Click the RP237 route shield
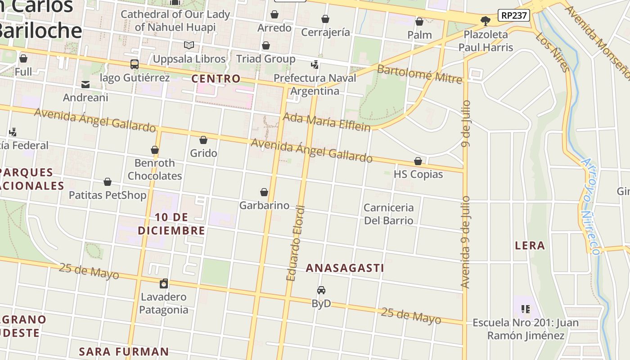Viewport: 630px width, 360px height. [x=513, y=15]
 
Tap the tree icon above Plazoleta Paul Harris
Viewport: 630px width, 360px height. [x=485, y=21]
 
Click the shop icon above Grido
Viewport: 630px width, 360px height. [x=203, y=140]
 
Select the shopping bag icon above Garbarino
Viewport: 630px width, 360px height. [x=264, y=192]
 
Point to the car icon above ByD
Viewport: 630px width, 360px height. [x=321, y=290]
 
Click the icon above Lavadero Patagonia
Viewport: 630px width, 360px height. [x=164, y=283]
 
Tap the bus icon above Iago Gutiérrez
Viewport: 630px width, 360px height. [x=134, y=64]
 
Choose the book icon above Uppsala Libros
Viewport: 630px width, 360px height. [x=189, y=45]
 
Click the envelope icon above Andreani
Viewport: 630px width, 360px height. [x=85, y=84]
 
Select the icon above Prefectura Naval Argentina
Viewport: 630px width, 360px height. [x=315, y=65]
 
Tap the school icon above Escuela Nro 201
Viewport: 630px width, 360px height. [x=525, y=309]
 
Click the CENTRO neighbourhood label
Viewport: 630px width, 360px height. [x=216, y=79]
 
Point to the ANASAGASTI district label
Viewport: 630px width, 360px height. [x=345, y=268]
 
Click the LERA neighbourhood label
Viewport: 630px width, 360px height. [x=530, y=246]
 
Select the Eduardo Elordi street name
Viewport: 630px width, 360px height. [x=296, y=243]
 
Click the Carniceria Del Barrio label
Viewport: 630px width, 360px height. [x=388, y=214]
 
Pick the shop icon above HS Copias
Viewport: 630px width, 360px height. [x=418, y=161]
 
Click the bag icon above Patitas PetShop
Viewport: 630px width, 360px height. [x=108, y=182]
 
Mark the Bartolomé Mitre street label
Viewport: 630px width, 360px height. [x=419, y=74]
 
